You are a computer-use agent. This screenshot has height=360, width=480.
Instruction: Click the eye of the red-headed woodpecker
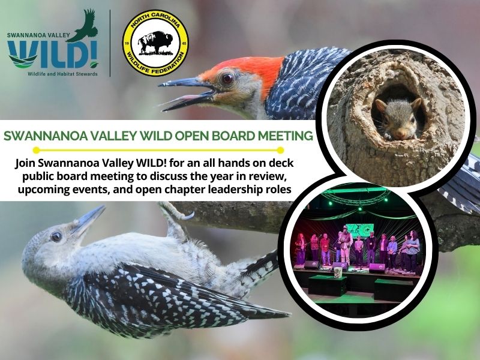pos(227,79)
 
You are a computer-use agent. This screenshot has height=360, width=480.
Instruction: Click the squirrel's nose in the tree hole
pos(400,134)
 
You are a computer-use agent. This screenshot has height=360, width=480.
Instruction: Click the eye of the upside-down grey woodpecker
pos(56,236)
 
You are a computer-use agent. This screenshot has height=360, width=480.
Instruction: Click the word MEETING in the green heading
pos(286,136)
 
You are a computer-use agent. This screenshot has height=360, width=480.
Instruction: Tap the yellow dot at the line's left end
pos(36,150)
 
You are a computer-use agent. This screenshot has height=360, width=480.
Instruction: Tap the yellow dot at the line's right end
pos(280,150)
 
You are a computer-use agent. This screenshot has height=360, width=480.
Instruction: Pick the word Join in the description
pos(25,163)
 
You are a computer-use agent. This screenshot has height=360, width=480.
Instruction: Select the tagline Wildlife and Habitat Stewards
pos(62,74)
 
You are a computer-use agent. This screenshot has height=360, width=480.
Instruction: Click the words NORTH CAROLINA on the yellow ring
pos(155,20)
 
